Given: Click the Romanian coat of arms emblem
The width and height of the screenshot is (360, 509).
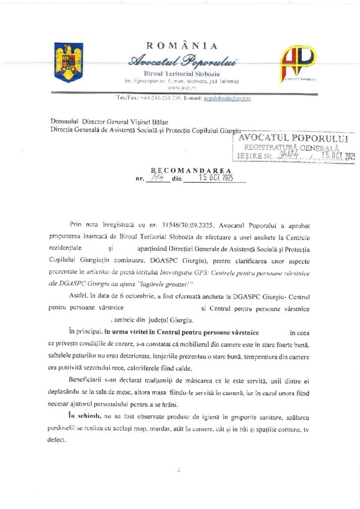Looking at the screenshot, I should pyautogui.click(x=69, y=63).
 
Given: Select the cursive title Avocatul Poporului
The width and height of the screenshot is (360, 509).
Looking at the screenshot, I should pyautogui.click(x=182, y=62).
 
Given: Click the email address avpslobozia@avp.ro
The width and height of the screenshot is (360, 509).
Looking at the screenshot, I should pyautogui.click(x=227, y=99).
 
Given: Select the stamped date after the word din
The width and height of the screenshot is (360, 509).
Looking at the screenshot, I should pyautogui.click(x=215, y=177).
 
